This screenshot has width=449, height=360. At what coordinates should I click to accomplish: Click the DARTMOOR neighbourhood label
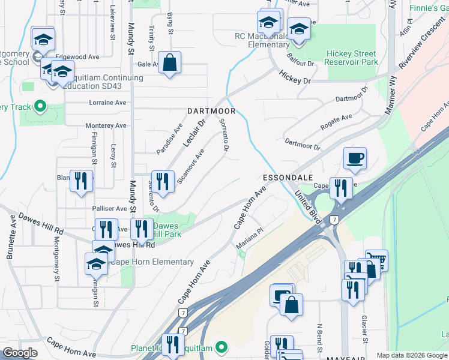coord(211,111)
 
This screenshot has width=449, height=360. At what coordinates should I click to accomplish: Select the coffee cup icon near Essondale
coord(355,159)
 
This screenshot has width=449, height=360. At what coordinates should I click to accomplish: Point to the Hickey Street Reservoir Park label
coord(351,58)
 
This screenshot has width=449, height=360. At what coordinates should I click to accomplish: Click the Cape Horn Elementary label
coord(152,262)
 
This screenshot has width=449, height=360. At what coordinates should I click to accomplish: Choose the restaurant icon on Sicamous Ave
coord(162,180)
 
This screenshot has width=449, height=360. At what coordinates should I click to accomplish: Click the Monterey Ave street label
coord(106,125)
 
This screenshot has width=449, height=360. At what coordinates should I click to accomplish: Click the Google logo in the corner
coord(20,353)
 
